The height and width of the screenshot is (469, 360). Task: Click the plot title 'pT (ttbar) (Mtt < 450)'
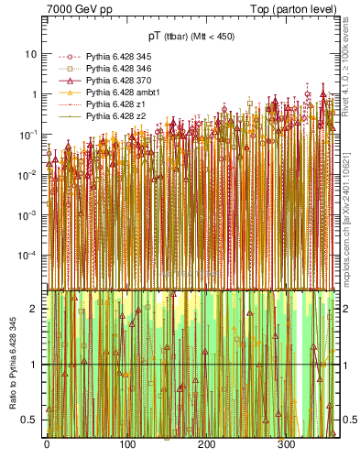[191, 36]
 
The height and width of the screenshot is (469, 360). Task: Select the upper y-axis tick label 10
[32, 54]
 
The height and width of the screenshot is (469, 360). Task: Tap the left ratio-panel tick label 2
[35, 309]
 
